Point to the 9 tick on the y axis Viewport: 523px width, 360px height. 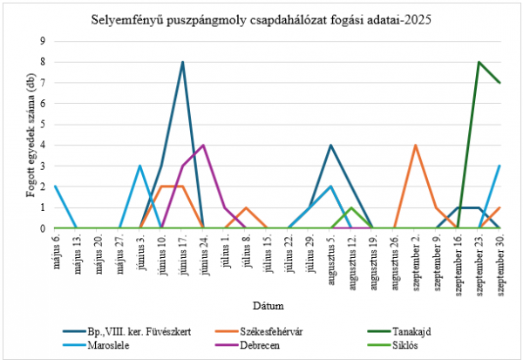click(43, 41)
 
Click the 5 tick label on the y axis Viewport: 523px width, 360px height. click(43, 124)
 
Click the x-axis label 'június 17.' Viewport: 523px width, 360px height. click(181, 255)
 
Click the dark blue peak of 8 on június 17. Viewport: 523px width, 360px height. click(182, 62)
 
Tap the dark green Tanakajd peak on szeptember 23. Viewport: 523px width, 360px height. click(479, 62)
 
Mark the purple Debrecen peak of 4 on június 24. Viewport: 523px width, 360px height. click(203, 145)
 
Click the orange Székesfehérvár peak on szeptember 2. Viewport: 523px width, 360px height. click(415, 145)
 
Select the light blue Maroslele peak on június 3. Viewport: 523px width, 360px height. click(139, 166)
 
